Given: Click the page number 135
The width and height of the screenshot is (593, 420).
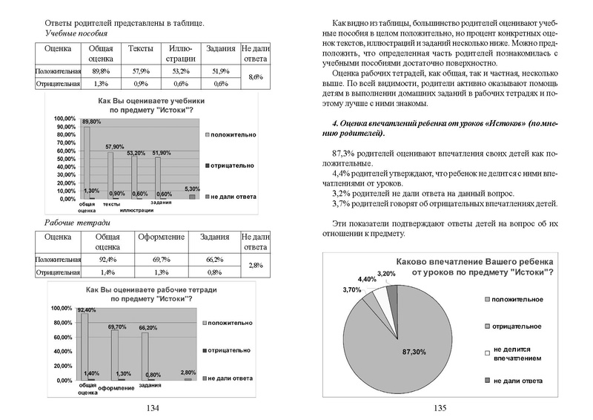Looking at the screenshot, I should click(x=439, y=407).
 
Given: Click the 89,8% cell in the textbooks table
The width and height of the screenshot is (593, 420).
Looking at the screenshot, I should click(x=100, y=70).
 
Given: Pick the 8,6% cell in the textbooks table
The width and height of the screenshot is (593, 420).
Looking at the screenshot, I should click(x=254, y=77).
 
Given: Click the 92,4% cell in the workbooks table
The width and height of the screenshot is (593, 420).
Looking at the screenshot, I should click(x=107, y=260).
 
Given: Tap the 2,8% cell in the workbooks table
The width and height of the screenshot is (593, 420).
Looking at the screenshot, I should click(x=254, y=265).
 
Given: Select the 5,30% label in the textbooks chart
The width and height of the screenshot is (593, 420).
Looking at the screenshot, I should click(x=192, y=188).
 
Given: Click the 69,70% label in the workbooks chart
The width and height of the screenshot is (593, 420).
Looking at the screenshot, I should click(x=117, y=327).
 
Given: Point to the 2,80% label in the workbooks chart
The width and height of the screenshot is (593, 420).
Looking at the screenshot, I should click(x=188, y=372).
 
